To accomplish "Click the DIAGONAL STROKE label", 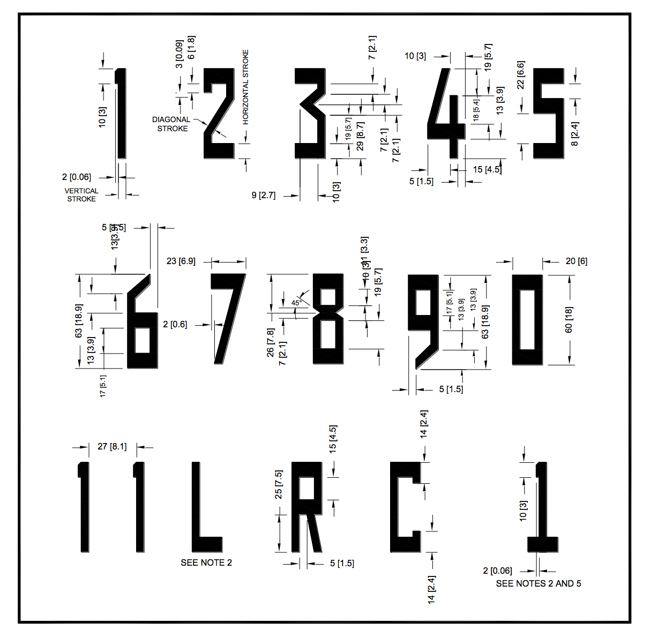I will click(x=171, y=124).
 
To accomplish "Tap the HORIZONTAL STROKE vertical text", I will click(x=245, y=87).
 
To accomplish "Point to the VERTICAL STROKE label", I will click(x=81, y=194).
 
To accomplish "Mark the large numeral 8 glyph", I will click(x=328, y=319).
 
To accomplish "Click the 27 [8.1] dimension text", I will click(x=112, y=446).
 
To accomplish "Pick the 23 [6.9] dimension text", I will click(x=181, y=261).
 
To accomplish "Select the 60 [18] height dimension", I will click(x=569, y=319).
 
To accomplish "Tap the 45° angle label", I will click(x=296, y=303).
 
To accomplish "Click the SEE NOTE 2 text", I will click(x=206, y=562).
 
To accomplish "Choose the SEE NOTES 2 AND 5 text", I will click(x=538, y=583).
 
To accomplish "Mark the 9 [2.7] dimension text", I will click(x=264, y=195).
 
